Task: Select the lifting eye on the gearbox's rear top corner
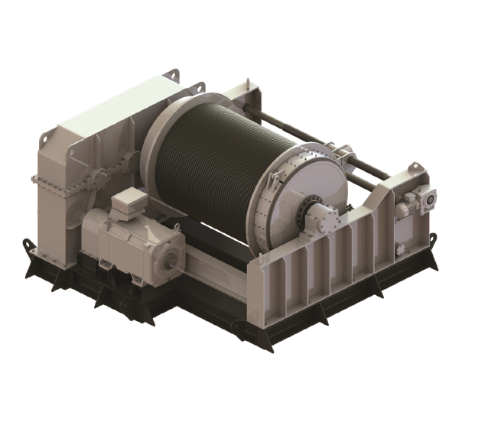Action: [x=174, y=75]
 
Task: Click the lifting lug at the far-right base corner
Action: [x=434, y=239]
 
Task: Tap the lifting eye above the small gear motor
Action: [x=416, y=168]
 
